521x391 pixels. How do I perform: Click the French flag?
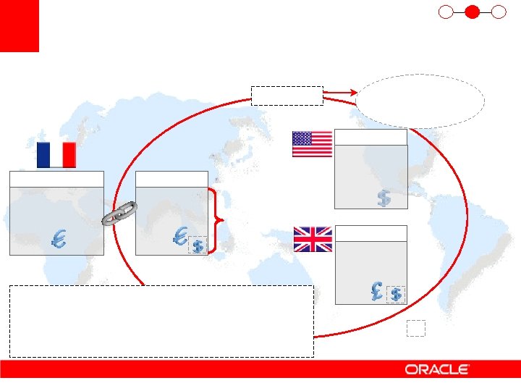pos(56,155)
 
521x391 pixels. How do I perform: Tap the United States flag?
pos(312,143)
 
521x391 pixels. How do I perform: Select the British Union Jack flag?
pos(313,239)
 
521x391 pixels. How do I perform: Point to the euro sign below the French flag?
pos(59,239)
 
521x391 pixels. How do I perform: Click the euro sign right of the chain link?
pos(182,235)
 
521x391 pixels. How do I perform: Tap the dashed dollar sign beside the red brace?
pos(197,246)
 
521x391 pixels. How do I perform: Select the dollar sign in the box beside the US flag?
pos(384,197)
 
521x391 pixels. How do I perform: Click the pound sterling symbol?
pos(376,290)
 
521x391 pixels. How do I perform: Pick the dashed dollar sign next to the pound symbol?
pos(396,294)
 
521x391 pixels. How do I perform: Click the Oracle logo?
pos(437,369)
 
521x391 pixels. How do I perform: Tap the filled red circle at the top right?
pos(472,12)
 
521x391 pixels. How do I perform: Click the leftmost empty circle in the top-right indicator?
pos(446,12)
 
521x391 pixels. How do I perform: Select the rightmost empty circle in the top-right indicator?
pos(498,12)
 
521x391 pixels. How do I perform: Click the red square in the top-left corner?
pos(19,26)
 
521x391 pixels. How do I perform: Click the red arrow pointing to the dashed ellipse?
pos(339,92)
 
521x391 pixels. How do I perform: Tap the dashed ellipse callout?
pos(420,101)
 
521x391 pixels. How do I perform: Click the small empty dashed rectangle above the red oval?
pos(287,96)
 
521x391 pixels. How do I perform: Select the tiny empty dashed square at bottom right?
pos(415,328)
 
